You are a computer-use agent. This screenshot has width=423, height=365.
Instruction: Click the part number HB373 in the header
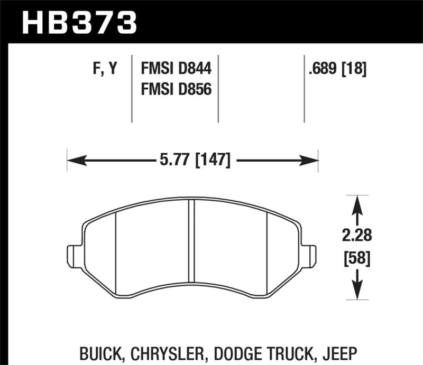(x=79, y=22)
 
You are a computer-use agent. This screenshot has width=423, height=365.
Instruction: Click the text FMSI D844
(x=176, y=69)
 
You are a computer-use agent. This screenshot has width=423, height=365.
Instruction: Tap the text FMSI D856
(x=176, y=89)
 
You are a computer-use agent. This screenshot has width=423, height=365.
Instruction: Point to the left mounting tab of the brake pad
(x=74, y=256)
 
